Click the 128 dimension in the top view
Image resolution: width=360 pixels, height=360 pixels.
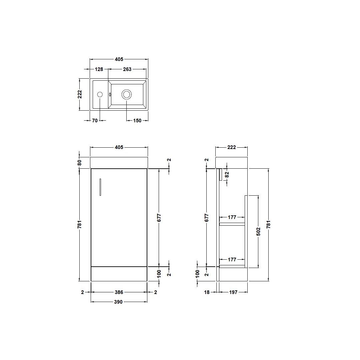pos(99,69)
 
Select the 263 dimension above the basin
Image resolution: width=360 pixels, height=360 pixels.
pos(127,69)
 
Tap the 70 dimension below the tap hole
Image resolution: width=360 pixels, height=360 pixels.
pos(95,121)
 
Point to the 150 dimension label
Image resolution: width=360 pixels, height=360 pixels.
pos(137,121)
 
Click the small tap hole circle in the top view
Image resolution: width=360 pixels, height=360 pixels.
pos(100,94)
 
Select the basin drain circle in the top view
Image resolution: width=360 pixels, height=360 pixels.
pos(127,94)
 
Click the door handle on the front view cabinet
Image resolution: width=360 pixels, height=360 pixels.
pos(100,187)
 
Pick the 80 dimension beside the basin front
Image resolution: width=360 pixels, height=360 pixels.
pos(80,163)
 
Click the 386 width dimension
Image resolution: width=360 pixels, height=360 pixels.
pos(119,292)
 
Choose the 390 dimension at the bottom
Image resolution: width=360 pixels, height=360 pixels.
pos(118,302)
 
